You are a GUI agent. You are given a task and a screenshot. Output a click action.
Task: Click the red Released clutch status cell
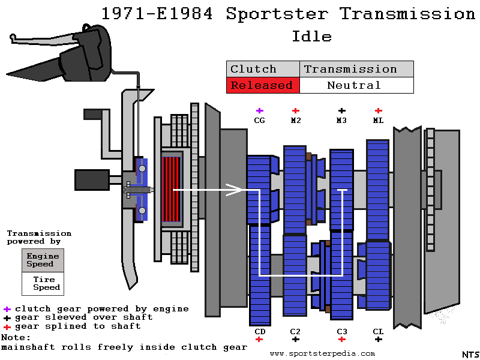tap(262, 85)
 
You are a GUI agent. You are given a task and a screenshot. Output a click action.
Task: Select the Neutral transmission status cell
tap(356, 85)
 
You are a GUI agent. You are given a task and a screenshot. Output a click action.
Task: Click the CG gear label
tap(259, 121)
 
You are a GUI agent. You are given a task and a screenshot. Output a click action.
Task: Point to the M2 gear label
tap(295, 121)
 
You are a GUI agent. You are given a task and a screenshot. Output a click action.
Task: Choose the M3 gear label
tap(341, 121)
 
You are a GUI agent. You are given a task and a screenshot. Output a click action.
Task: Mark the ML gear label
tap(378, 121)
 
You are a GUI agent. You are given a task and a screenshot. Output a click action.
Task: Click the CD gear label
tap(259, 331)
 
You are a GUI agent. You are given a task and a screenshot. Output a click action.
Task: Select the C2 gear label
tap(295, 331)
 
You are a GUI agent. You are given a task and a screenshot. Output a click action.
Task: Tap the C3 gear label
tap(341, 331)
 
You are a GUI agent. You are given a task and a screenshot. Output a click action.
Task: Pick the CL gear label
tap(378, 331)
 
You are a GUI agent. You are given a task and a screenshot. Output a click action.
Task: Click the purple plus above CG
tap(259, 111)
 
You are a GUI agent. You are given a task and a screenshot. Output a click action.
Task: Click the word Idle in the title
tap(311, 37)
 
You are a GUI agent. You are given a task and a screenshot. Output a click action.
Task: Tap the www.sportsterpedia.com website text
tap(322, 353)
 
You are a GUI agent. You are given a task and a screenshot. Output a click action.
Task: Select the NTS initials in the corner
tap(469, 355)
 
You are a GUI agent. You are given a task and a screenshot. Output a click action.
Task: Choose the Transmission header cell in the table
tap(356, 69)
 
